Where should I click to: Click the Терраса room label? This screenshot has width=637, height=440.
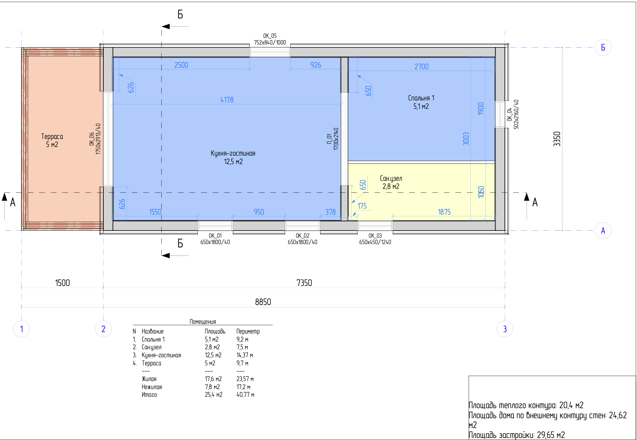click(52, 136)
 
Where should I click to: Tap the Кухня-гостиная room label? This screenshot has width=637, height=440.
click(233, 153)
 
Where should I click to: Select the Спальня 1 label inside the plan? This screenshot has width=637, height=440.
click(421, 98)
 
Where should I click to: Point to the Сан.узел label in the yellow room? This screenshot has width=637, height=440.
click(391, 178)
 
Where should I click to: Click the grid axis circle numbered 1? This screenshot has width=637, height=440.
click(21, 329)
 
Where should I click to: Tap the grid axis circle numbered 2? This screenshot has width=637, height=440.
click(103, 329)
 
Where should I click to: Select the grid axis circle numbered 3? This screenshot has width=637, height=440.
click(505, 329)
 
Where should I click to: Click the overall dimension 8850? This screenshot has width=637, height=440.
click(263, 302)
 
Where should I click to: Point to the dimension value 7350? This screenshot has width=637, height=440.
click(304, 283)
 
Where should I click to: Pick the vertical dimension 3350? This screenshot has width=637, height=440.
click(557, 139)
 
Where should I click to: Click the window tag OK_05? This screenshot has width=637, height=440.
click(270, 36)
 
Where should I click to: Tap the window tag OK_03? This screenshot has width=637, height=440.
click(375, 236)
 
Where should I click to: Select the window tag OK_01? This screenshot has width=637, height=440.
click(215, 236)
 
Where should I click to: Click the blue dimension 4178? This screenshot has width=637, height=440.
click(227, 100)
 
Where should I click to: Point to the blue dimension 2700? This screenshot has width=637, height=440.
click(422, 67)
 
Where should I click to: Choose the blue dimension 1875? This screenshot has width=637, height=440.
click(444, 212)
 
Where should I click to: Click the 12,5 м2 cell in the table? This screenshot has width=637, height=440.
click(213, 355)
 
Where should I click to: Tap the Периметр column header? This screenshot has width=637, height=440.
click(248, 332)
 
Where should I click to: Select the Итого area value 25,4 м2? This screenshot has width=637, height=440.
click(213, 395)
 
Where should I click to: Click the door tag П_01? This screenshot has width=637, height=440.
click(329, 139)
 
